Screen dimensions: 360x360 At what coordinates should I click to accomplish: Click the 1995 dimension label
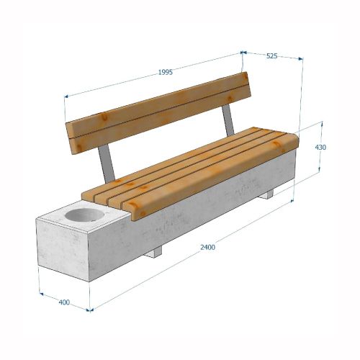pos(166,72)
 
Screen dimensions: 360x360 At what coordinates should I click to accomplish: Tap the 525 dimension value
pos(272,56)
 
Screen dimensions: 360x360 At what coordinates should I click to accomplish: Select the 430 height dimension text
pos(320,147)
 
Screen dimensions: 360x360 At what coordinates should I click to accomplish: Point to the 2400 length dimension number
pos(208,247)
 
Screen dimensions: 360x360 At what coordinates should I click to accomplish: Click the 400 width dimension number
pos(64,302)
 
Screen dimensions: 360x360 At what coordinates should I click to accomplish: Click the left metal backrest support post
pos(107,163)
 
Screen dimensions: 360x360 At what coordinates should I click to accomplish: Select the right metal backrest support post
pos(228,120)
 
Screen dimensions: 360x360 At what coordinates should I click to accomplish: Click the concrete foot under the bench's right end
pos(266,194)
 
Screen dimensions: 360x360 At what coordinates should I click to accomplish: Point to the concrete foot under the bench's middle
pos(153,252)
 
